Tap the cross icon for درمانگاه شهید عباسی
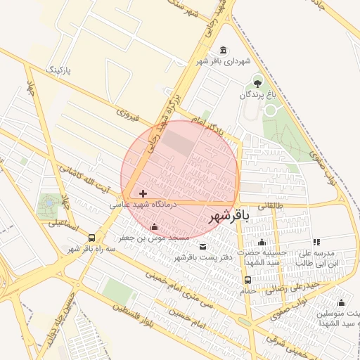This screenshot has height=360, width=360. [x=143, y=193]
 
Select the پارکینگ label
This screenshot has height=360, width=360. [x=58, y=70]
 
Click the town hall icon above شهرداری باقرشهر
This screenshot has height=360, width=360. [x=224, y=50]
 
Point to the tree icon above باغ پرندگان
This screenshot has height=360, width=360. [x=257, y=81]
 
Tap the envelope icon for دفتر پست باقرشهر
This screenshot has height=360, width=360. [x=203, y=246]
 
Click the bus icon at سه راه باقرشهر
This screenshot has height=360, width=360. [x=92, y=238]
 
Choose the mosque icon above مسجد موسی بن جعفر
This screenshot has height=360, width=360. [x=155, y=226]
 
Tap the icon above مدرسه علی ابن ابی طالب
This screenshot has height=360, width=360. [x=316, y=242]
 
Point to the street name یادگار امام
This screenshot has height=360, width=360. [x=209, y=127]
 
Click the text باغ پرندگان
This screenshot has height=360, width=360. [x=257, y=94]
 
